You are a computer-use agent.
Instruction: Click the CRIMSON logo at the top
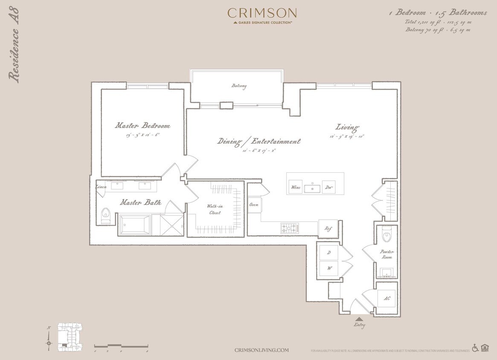click(x=262, y=13)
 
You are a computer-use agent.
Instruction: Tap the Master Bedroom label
click(x=142, y=126)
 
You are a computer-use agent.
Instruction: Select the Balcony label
click(x=239, y=86)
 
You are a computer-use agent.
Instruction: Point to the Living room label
click(x=347, y=127)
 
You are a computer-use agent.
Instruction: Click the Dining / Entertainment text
click(x=259, y=141)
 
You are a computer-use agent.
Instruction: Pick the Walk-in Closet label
click(x=215, y=209)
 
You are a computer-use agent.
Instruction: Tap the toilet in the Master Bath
click(x=105, y=216)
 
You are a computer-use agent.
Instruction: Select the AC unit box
click(x=387, y=298)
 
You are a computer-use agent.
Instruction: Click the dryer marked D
click(x=328, y=253)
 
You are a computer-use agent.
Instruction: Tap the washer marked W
click(x=328, y=269)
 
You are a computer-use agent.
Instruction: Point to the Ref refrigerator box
click(x=328, y=229)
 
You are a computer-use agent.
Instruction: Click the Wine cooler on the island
click(x=295, y=187)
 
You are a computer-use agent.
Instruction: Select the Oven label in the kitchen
click(x=254, y=205)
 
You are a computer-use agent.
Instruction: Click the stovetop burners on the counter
click(x=289, y=228)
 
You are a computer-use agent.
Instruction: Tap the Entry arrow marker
click(x=359, y=319)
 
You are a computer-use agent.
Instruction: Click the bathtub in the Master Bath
click(x=135, y=224)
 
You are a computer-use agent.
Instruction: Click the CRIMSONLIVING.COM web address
click(x=262, y=350)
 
